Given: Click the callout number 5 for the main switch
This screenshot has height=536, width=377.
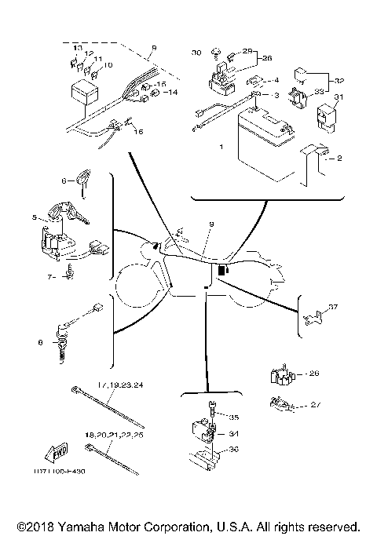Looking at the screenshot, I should pyautogui.click(x=34, y=217).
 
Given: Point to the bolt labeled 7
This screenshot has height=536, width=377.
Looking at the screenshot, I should pyautogui.click(x=69, y=275).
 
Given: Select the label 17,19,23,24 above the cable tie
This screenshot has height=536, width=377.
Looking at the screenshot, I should pyautogui.click(x=120, y=385).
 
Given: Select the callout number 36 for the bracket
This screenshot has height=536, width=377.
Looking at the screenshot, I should pyautogui.click(x=232, y=450).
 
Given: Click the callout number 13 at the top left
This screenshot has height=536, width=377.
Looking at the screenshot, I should pyautogui.click(x=77, y=48).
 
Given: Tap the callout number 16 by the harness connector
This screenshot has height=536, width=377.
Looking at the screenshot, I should pyautogui.click(x=140, y=131).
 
